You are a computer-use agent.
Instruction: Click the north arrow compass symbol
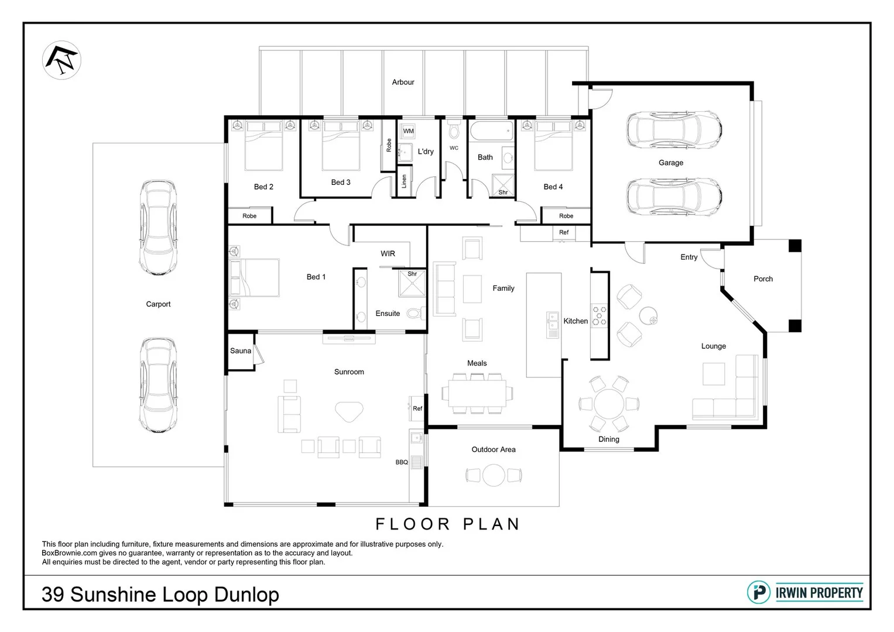coord(61,60)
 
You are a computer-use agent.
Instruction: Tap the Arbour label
coord(403,83)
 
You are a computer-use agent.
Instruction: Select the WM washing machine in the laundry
coord(408,131)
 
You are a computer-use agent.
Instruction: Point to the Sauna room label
coord(240,351)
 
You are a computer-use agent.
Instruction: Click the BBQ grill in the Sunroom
coord(416,462)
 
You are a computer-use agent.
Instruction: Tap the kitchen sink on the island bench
coord(553,325)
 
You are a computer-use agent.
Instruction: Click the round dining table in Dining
coord(609,404)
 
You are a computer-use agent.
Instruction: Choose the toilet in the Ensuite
coord(415,314)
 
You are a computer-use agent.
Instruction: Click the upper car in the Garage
coord(673,130)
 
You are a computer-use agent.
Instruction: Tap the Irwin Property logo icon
coord(759,592)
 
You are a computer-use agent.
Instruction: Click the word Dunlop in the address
coord(246,595)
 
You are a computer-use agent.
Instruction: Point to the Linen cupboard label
coord(403,181)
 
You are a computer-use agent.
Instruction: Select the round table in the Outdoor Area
coord(494,475)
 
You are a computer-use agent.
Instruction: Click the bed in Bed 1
coord(255,277)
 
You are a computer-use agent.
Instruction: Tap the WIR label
coord(388,254)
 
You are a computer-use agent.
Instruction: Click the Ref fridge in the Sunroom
coord(417,408)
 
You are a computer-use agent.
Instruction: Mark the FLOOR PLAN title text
coord(447,524)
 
